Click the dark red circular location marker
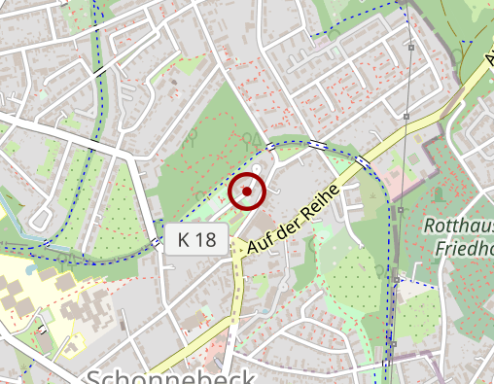pyautogui.click(x=247, y=192)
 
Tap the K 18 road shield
pyautogui.click(x=196, y=239)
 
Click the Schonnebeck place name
pyautogui.click(x=171, y=377)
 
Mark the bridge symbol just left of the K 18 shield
pyautogui.click(x=156, y=241)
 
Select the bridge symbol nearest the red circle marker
pyautogui.click(x=270, y=148)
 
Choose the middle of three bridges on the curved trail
pyautogui.click(x=318, y=145)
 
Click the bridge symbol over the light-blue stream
pyautogui.click(x=46, y=242)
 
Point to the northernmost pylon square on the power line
pyautogui.click(x=411, y=47)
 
